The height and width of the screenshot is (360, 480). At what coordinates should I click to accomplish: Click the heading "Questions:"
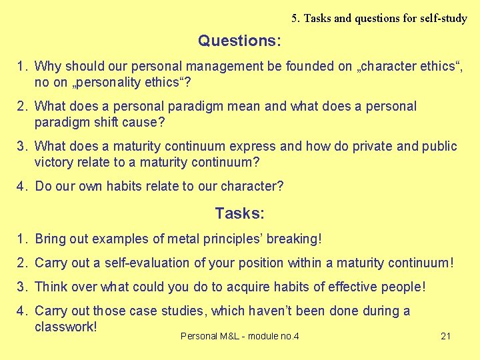point(239,41)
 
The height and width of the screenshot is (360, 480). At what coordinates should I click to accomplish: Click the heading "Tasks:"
point(239,214)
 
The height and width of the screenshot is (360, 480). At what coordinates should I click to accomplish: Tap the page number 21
point(446,336)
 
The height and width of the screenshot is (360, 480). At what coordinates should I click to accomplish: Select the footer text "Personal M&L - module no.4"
point(239,336)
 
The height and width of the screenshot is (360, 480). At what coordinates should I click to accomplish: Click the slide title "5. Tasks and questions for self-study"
point(379,18)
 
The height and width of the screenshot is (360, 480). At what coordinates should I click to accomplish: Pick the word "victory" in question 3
point(55,163)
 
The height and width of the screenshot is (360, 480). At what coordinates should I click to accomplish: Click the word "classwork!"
point(66,327)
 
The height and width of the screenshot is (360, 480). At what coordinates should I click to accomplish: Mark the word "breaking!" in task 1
point(293,239)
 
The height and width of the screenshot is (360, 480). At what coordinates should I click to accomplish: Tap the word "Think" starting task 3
point(51,287)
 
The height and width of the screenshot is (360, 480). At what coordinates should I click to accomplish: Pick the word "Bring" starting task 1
point(51,239)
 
